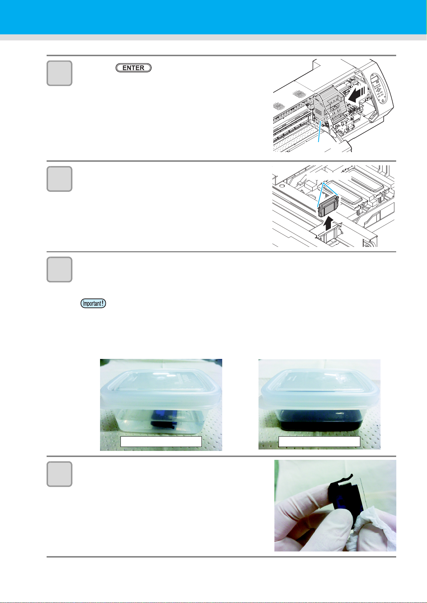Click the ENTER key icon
pos(133,68)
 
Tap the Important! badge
pos(93,303)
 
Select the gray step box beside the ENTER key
pos(60,73)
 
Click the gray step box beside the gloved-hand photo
pos(60,474)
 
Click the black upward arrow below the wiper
pos(328,223)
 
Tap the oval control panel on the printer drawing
pos(379,88)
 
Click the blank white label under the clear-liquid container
pos(161,442)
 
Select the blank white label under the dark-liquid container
pos(319,442)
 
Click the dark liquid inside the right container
pos(320,421)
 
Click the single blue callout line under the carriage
pos(320,131)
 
